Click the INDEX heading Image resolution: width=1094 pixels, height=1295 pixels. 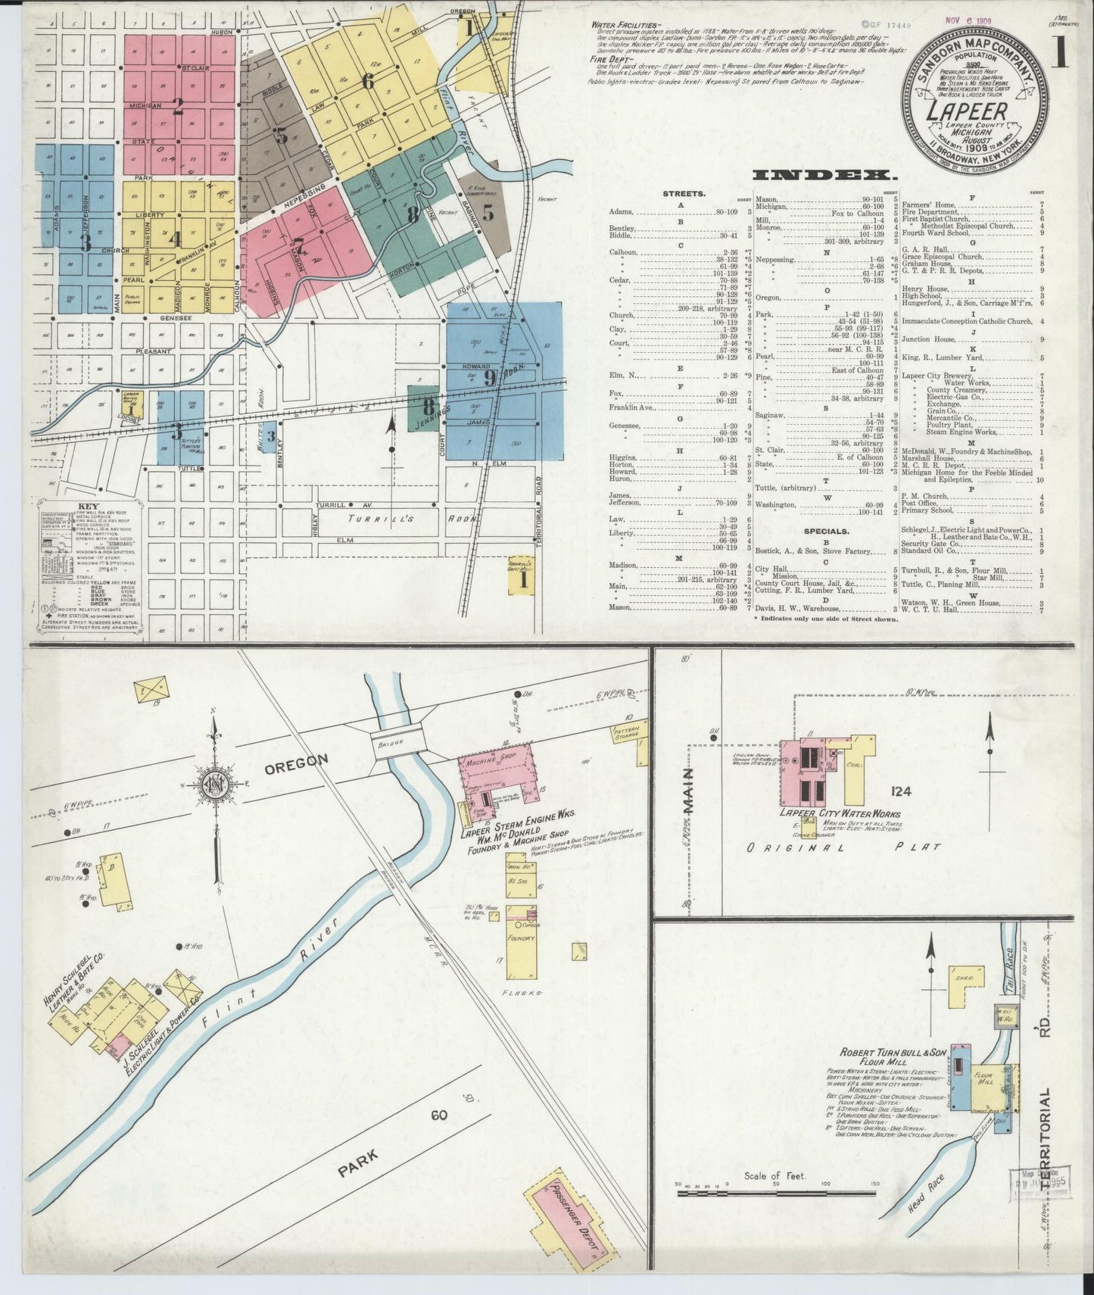(x=821, y=175)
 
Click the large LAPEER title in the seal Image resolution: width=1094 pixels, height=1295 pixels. (x=966, y=111)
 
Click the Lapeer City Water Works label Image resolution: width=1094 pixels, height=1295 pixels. (x=840, y=813)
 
